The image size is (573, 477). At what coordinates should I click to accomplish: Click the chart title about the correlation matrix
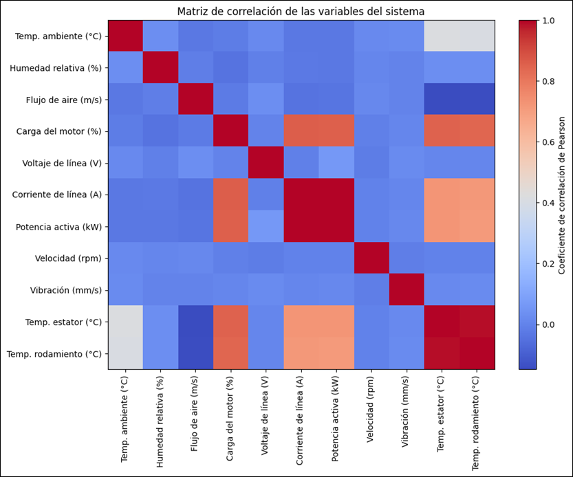pyautogui.click(x=301, y=11)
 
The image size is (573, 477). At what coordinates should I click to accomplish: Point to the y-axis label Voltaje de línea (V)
pyautogui.click(x=58, y=163)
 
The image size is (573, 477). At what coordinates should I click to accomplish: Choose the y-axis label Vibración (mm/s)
pyautogui.click(x=63, y=290)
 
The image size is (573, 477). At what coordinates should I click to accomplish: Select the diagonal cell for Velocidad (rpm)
pyautogui.click(x=371, y=258)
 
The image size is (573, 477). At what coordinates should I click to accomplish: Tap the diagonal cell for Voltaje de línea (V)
pyautogui.click(x=266, y=163)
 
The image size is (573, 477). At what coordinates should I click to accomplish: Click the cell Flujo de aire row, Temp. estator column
pyautogui.click(x=442, y=100)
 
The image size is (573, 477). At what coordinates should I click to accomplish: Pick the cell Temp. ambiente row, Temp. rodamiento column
pyautogui.click(x=477, y=36)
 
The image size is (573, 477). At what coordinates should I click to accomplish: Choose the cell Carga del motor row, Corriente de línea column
pyautogui.click(x=301, y=131)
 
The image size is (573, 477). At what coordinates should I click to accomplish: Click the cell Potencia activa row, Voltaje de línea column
pyautogui.click(x=266, y=227)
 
